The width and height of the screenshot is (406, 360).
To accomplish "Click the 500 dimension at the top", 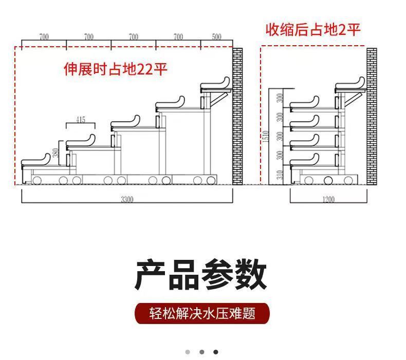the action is [x=216, y=37].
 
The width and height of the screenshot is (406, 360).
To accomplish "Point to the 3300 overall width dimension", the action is [x=127, y=199].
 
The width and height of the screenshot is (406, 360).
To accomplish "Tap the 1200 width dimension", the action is [x=328, y=199].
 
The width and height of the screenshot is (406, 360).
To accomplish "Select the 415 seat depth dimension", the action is [x=81, y=120].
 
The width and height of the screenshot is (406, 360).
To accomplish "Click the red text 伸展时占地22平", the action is [x=116, y=69].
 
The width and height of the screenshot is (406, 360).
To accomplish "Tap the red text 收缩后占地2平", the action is [x=313, y=29].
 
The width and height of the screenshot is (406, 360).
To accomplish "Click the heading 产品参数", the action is [x=201, y=275].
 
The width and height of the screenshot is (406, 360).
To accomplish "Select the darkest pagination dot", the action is [x=216, y=352].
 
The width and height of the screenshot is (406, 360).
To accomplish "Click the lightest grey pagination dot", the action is [x=188, y=352].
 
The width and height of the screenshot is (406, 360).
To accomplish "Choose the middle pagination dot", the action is [x=202, y=352].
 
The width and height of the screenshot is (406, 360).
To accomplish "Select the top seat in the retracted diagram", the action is [x=350, y=85].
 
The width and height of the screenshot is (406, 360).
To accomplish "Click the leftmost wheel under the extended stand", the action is [x=37, y=180].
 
